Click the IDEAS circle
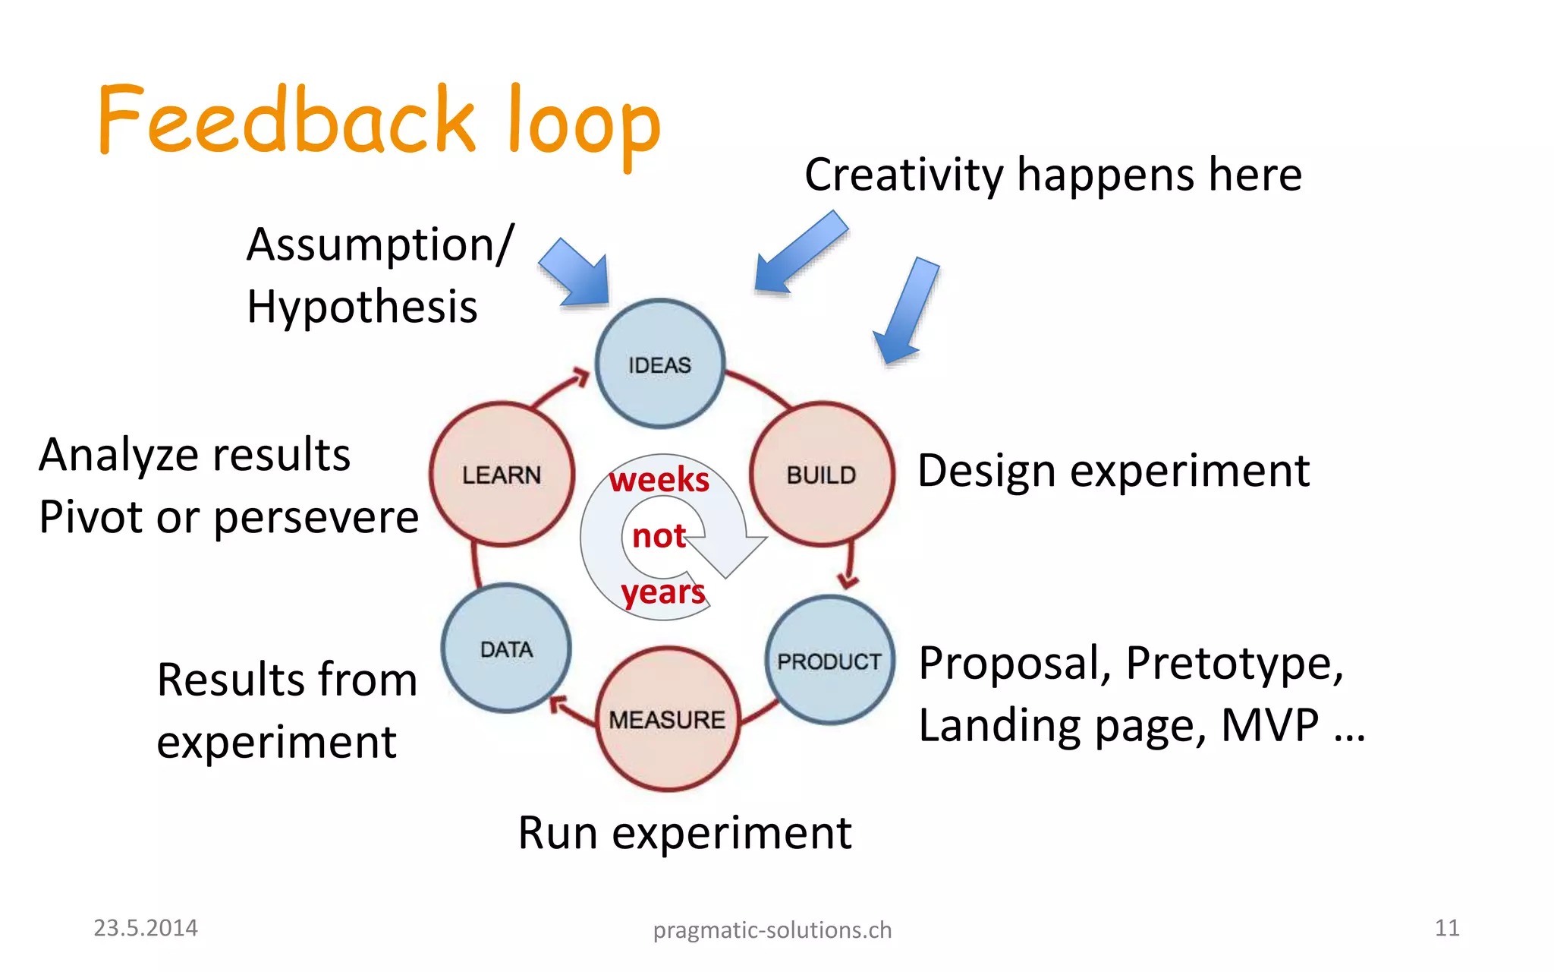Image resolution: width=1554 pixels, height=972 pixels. point(659,364)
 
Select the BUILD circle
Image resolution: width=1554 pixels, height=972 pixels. point(821,474)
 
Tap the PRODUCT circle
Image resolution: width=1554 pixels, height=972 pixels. point(829,660)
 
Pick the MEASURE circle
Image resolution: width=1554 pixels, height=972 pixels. point(667,718)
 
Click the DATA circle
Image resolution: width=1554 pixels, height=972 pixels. point(506,648)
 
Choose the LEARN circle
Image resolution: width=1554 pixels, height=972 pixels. point(502,474)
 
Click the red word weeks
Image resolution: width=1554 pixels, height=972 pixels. point(659,480)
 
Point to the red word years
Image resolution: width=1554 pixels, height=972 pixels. point(663,592)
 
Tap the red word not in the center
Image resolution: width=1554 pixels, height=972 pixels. point(659,536)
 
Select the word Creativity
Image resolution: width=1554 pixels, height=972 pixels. point(904,175)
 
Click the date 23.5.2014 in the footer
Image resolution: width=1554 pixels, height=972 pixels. point(145,927)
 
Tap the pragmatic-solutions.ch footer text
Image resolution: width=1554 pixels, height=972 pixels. point(772,929)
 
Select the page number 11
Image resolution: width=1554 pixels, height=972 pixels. point(1446,927)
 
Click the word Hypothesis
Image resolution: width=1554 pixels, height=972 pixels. point(362,308)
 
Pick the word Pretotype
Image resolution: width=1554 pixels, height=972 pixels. point(1234,663)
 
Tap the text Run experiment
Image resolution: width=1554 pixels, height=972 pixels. point(684,833)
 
